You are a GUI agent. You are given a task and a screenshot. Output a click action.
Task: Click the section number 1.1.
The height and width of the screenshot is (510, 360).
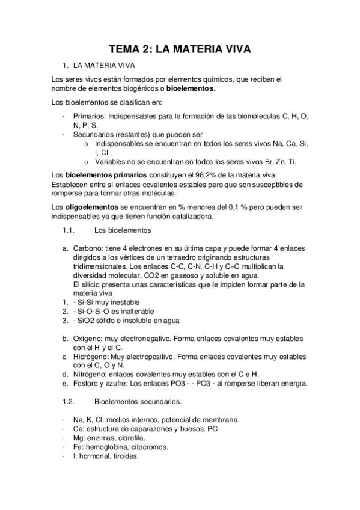pyautogui.click(x=68, y=231)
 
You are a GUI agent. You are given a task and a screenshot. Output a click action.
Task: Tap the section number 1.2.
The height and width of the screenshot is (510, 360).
pyautogui.click(x=68, y=401)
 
